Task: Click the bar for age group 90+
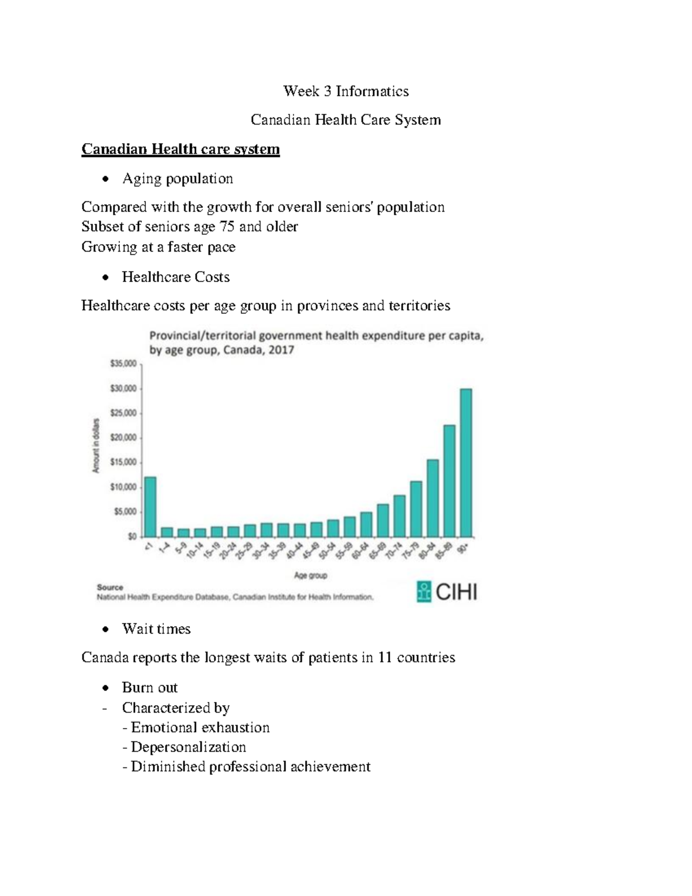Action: pos(466,463)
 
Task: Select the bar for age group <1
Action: pos(151,507)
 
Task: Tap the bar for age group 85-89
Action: pos(449,481)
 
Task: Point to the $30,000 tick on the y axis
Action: pos(123,388)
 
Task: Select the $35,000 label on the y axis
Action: pos(123,363)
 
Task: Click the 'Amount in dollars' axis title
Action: pos(96,445)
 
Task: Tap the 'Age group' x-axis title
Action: pos(310,575)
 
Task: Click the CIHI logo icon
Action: pos(424,592)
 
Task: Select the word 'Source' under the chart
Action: pos(110,587)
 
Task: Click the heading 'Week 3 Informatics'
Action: pos(345,91)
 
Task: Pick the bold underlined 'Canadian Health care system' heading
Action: pos(180,149)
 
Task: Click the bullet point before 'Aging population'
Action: pos(104,179)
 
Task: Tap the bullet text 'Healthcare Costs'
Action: pos(176,277)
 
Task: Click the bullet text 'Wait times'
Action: pos(156,629)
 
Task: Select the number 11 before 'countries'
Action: pos(385,658)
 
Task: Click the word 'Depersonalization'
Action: pos(189,747)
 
